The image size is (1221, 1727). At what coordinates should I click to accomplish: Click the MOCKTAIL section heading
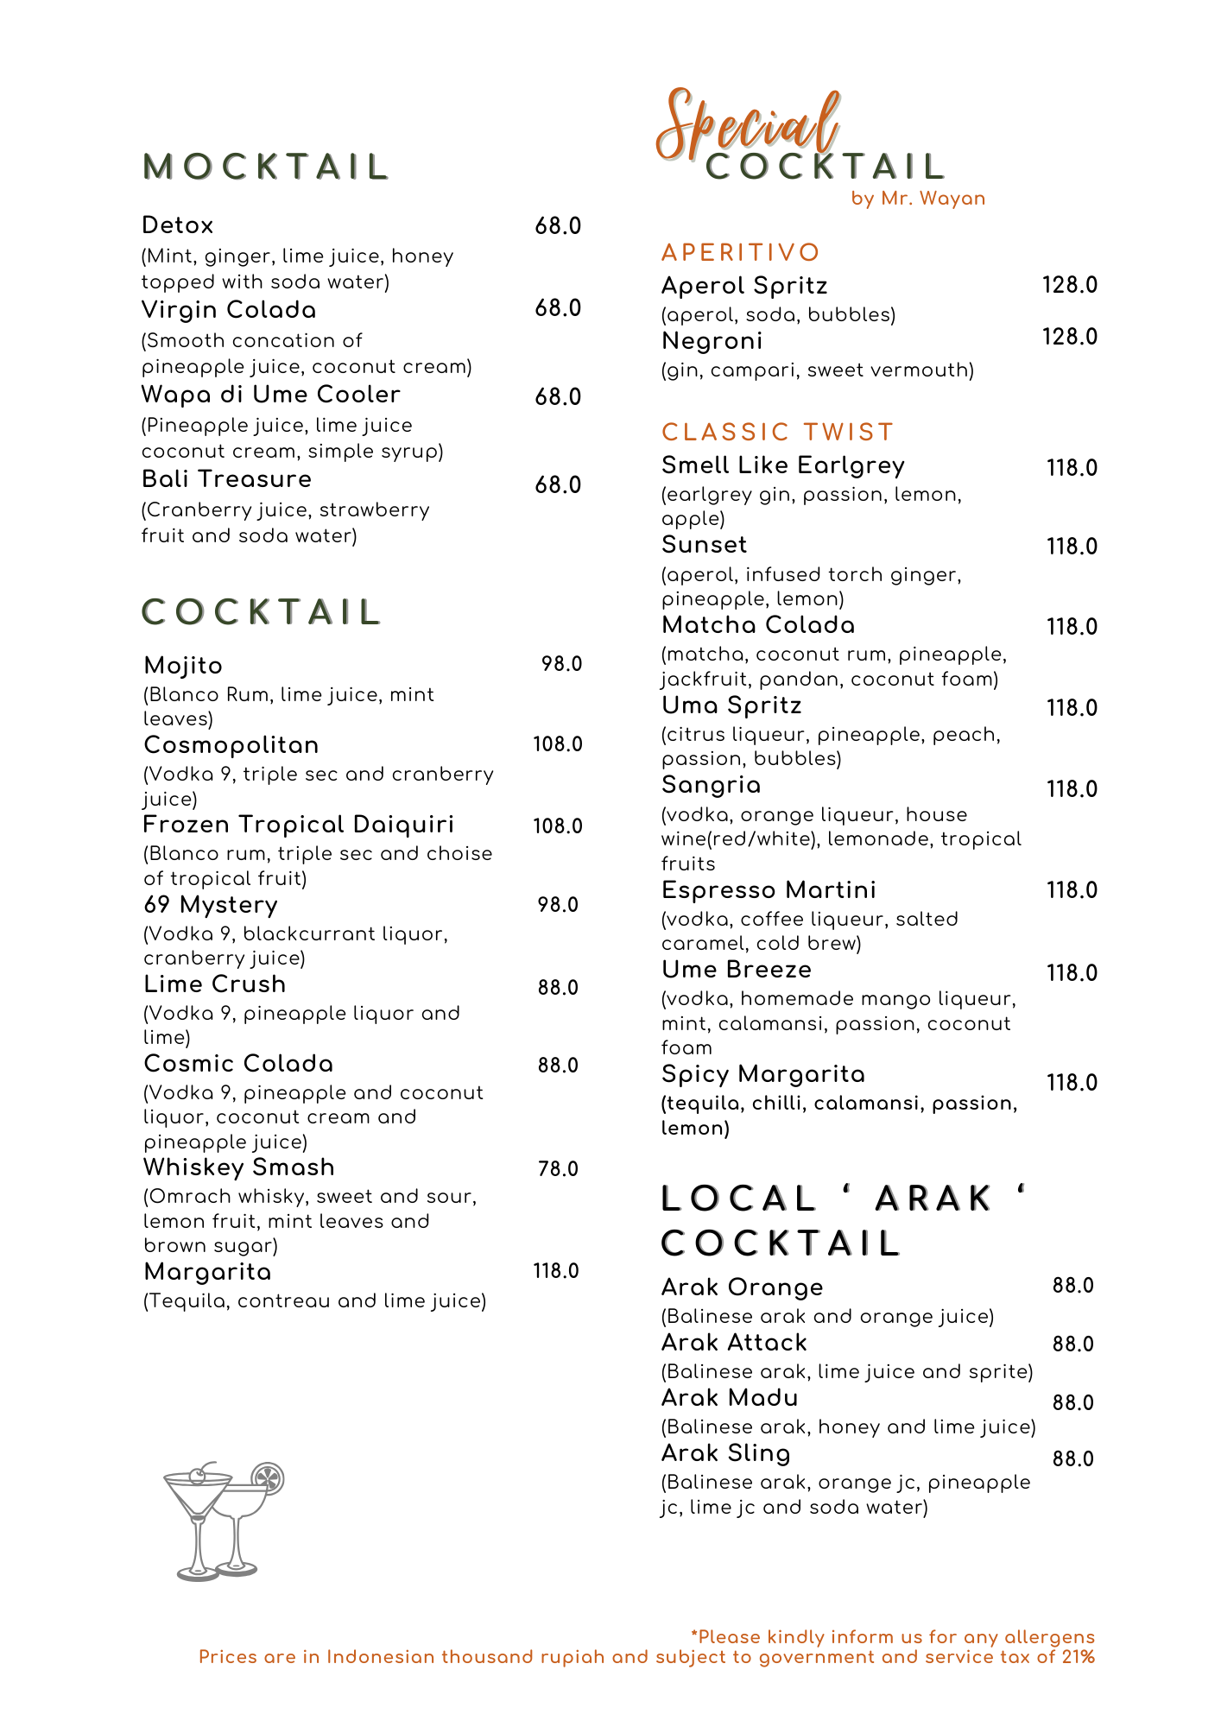[x=266, y=168]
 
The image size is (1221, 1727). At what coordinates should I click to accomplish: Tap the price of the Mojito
[x=561, y=664]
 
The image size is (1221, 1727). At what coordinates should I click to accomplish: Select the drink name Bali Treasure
[x=226, y=479]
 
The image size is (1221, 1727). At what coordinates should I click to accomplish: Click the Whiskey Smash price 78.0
[x=558, y=1169]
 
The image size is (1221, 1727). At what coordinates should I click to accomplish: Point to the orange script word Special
[x=748, y=125]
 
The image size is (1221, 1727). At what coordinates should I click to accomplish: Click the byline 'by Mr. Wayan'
[x=918, y=199]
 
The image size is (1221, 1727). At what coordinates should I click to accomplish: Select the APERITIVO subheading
[x=740, y=252]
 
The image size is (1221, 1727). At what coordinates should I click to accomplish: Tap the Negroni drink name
[x=712, y=341]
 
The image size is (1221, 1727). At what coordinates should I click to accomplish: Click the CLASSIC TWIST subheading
[x=777, y=432]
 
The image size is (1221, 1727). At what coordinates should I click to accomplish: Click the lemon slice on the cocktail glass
[x=267, y=1478]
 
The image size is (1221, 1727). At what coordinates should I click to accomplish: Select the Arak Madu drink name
[x=730, y=1398]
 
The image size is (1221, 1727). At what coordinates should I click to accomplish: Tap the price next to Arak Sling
[x=1072, y=1459]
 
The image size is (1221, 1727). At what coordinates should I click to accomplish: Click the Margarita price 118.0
[x=555, y=1271]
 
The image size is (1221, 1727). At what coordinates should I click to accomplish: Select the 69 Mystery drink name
[x=211, y=905]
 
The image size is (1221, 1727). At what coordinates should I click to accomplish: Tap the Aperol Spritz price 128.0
[x=1069, y=285]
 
